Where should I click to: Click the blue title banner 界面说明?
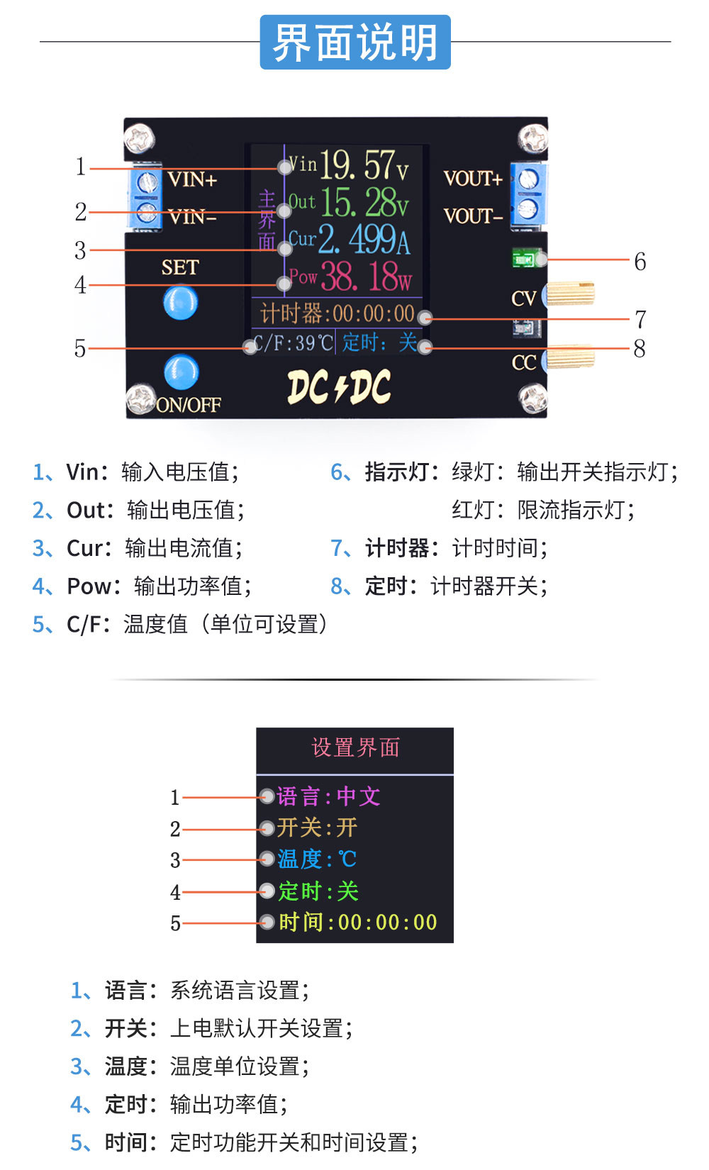tap(354, 43)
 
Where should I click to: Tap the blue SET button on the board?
tap(180, 303)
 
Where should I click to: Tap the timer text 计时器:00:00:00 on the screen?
tap(337, 313)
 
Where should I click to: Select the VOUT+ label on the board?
tap(472, 179)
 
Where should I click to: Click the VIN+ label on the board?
tap(192, 179)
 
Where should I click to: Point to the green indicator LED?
tap(525, 259)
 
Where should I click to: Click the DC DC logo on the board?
tap(339, 388)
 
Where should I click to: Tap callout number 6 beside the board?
tap(640, 262)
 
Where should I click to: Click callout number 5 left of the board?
tap(80, 349)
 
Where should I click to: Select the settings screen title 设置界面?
tap(355, 748)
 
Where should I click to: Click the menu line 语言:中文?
tap(328, 796)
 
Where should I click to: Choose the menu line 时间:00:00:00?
tap(357, 923)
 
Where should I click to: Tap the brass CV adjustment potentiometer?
tap(570, 293)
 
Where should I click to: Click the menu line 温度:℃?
tap(316, 859)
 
